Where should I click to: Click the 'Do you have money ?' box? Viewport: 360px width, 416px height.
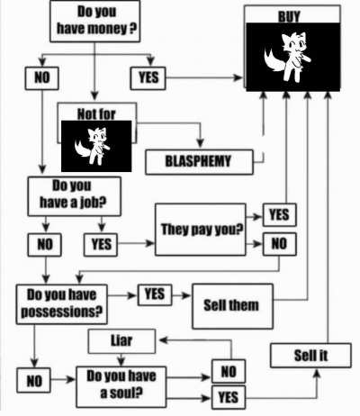pos(94,21)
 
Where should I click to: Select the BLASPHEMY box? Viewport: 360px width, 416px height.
pos(199,162)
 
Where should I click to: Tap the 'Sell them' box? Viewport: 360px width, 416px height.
pos(232,306)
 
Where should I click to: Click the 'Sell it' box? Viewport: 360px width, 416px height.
pos(310,356)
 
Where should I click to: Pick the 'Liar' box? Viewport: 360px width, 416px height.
pos(121,341)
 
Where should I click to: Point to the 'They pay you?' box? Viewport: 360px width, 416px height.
pos(201,230)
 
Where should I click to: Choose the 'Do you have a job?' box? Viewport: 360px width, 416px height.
pos(74,196)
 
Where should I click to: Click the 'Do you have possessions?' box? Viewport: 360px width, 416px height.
pos(61,304)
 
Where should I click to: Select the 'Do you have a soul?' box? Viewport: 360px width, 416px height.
pos(121,387)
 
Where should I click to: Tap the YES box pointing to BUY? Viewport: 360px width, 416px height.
pos(148,78)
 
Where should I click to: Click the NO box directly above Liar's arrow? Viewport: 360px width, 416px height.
pos(229,371)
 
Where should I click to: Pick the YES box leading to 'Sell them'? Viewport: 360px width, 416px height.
pos(155,294)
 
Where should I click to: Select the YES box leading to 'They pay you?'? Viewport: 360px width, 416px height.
pos(101,245)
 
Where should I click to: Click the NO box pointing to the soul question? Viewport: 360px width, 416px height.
pos(33,380)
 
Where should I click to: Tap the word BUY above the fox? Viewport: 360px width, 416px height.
pos(289,16)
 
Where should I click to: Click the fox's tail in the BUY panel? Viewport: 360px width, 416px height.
pos(273,61)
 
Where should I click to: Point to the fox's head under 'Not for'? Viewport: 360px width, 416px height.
pos(98,137)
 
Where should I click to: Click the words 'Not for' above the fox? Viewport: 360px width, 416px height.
pos(96,114)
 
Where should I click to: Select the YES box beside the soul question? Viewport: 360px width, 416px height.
pos(229,398)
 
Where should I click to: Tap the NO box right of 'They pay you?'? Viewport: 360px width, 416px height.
pos(280,244)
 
